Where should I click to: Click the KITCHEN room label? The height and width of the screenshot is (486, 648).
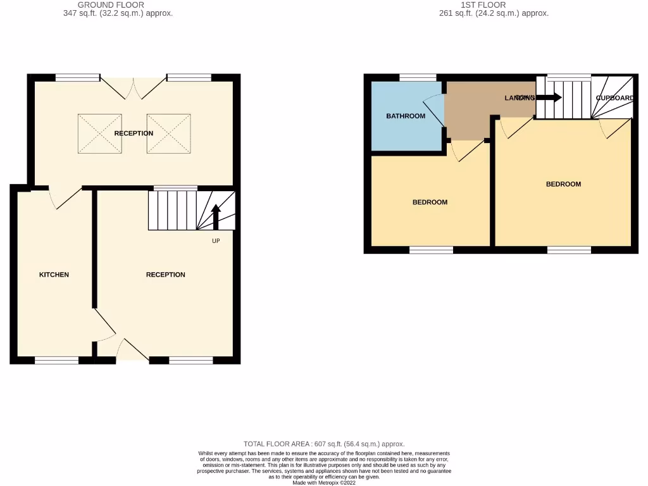point(54,275)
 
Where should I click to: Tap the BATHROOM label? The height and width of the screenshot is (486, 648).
point(406,116)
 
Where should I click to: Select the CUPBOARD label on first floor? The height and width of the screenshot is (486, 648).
point(614,98)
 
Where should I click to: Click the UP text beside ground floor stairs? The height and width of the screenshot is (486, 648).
point(216,241)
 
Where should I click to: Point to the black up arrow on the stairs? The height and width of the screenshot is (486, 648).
point(215,216)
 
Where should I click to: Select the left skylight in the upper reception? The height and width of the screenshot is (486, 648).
point(99,134)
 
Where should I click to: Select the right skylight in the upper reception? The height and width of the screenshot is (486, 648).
point(168,134)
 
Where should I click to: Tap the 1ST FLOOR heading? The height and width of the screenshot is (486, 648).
point(483,4)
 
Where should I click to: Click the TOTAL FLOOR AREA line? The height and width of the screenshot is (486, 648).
point(323,444)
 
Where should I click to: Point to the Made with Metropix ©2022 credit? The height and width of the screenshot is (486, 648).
point(323,482)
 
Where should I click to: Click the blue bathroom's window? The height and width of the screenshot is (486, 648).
point(418,78)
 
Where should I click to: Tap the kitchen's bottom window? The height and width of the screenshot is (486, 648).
point(56,360)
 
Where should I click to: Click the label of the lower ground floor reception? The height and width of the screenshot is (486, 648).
point(165,275)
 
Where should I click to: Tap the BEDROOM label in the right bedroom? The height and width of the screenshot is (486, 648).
point(563,184)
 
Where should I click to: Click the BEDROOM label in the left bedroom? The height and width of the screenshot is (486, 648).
point(430,202)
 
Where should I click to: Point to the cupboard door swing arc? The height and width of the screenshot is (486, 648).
point(609,129)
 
